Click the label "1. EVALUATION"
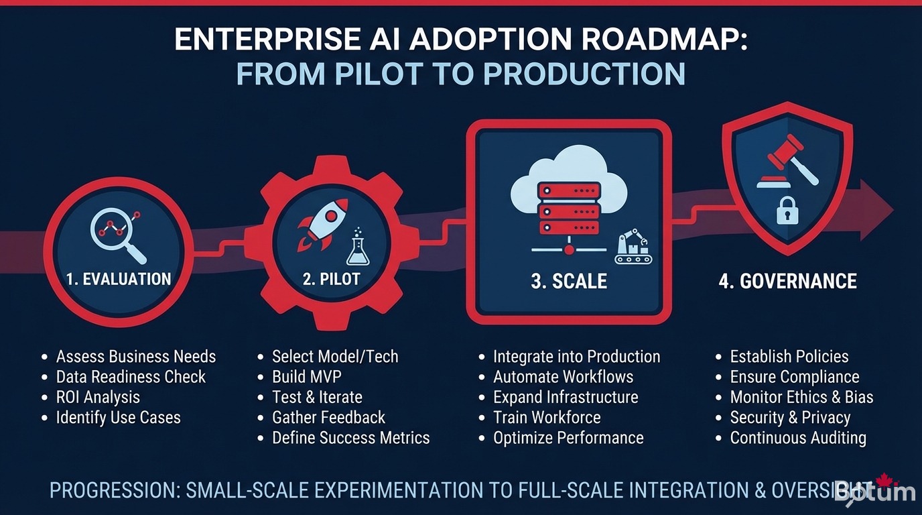pyautogui.click(x=119, y=279)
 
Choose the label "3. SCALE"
pyautogui.click(x=569, y=281)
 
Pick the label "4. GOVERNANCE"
pyautogui.click(x=787, y=280)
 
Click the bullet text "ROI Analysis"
pyautogui.click(x=98, y=397)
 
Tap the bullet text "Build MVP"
pyautogui.click(x=306, y=377)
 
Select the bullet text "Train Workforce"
pyautogui.click(x=547, y=418)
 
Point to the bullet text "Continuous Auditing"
pyautogui.click(x=797, y=438)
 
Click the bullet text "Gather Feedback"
pyautogui.click(x=328, y=418)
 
